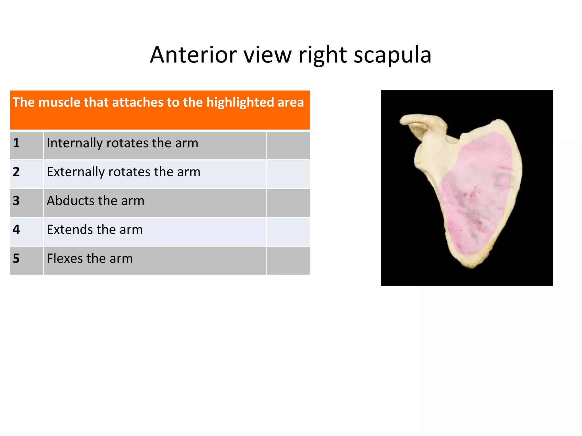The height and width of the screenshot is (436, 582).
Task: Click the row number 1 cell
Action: pyautogui.click(x=26, y=145)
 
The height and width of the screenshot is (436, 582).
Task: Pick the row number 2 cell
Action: pyautogui.click(x=26, y=174)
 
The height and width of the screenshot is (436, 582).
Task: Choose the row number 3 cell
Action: pyautogui.click(x=26, y=203)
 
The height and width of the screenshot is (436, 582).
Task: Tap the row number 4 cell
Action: pyautogui.click(x=26, y=232)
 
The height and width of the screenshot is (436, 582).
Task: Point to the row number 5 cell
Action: pyautogui.click(x=26, y=260)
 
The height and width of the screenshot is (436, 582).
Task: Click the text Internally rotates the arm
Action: pyautogui.click(x=122, y=143)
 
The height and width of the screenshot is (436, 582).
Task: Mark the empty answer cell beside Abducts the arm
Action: pyautogui.click(x=288, y=203)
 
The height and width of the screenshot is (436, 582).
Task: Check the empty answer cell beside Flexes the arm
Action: pyautogui.click(x=288, y=260)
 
